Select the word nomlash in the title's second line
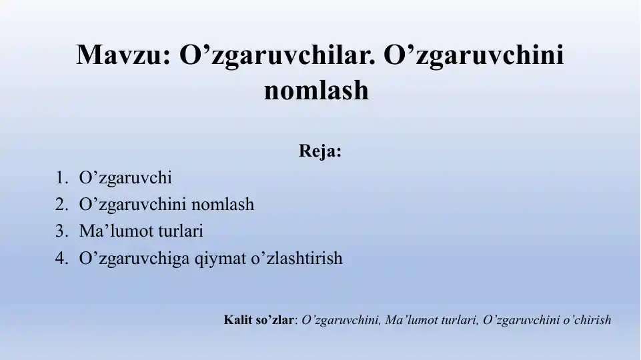click(316, 90)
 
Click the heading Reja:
click(320, 151)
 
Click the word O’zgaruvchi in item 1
click(125, 178)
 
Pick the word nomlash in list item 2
click(223, 205)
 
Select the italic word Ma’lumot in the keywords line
click(409, 320)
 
